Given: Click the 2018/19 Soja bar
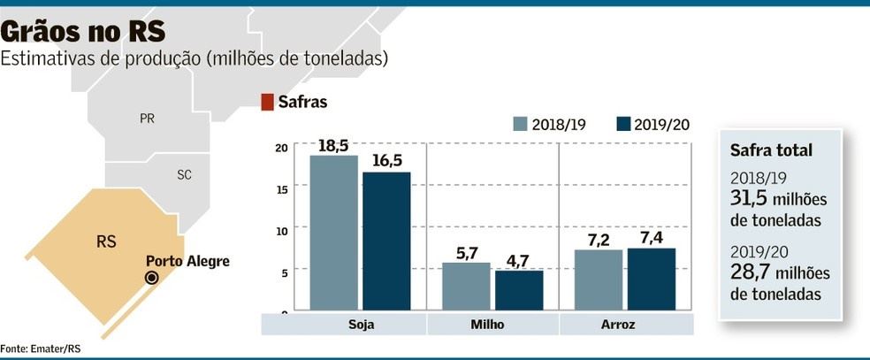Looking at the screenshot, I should point(333,234).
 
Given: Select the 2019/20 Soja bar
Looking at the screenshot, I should point(386,241).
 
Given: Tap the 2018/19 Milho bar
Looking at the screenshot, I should point(466,287).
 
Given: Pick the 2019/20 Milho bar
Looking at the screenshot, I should point(519,290).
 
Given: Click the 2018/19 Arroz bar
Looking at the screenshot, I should point(599,280).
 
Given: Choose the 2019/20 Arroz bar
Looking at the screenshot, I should point(652,280).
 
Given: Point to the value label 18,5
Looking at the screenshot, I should point(333,146).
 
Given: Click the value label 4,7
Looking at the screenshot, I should point(519,261).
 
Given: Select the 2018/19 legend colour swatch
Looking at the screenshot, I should point(521,124).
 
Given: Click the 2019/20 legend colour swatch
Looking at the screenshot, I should point(624,124).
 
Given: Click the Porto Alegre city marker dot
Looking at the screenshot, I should point(151,278).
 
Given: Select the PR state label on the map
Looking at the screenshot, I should point(148,118).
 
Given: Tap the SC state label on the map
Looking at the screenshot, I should point(184,175).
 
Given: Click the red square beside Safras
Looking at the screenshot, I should point(267,103).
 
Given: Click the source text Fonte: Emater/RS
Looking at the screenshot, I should point(34,349).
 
